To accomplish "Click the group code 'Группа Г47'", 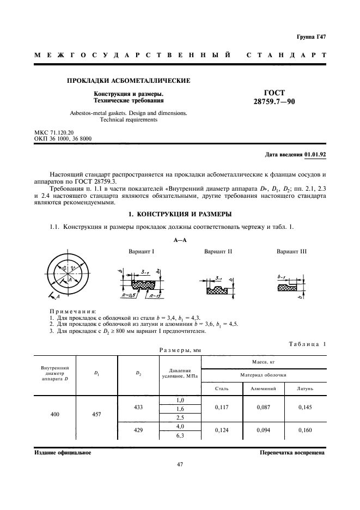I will coord(311,37).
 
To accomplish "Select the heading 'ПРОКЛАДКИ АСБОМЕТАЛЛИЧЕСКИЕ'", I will coord(128,81).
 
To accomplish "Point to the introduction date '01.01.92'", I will coord(315,155).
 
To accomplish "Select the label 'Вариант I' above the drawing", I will coord(142,252).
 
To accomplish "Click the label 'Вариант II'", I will coord(218,252).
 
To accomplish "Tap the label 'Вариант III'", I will coord(292,252).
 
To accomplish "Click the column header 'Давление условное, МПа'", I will coord(180,373).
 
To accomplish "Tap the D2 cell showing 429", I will coord(139,430).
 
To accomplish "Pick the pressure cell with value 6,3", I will coord(180,435).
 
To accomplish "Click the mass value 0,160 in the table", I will coord(306,430).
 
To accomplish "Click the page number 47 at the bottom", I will coord(180,464).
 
